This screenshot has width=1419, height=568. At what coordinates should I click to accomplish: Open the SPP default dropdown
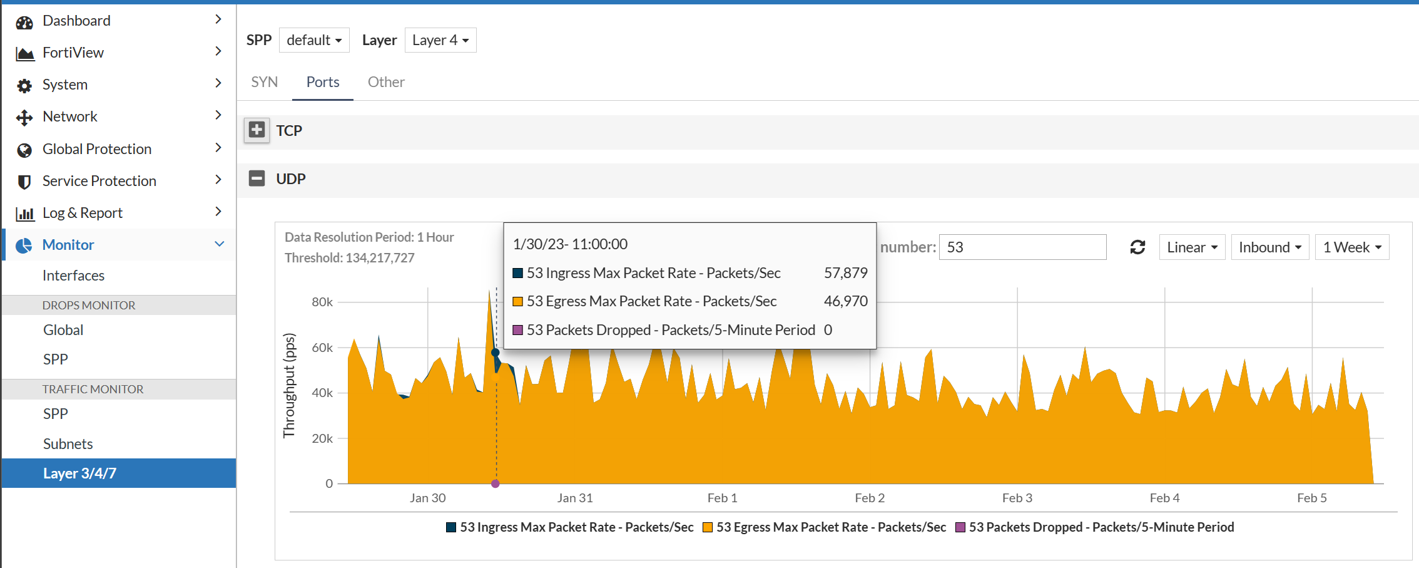pos(314,40)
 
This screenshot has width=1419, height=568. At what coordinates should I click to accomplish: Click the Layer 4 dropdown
pos(440,40)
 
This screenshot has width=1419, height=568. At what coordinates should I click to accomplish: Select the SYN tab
pos(264,82)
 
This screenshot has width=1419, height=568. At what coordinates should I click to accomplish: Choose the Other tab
pos(386,82)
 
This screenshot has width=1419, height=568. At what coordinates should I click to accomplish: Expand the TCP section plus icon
pos(257,130)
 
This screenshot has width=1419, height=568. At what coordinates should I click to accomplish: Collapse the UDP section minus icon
pos(257,178)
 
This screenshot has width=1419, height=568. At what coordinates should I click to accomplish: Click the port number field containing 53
pos(1022,247)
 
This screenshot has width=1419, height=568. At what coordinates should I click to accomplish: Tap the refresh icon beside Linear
pos(1137,247)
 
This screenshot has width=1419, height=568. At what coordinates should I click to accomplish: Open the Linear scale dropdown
pos(1192,247)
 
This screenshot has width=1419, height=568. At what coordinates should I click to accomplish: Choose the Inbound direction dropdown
pos(1269,247)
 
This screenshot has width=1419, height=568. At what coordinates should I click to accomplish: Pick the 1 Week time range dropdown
pos(1351,247)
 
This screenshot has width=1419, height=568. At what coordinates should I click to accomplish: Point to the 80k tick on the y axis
pos(322,302)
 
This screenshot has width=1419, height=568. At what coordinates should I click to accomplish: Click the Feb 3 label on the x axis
pos(1017,498)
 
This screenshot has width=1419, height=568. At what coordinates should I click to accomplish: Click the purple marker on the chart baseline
pos(496,483)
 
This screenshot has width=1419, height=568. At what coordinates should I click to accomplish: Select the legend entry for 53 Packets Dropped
pos(1095,527)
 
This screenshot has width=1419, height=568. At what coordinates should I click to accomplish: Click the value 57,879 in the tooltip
pos(845,273)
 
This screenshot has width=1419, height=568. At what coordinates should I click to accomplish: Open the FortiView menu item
pos(73,53)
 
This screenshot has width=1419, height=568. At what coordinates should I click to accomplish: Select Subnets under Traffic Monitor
pos(68,444)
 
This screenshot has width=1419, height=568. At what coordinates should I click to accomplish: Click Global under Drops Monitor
pos(63,330)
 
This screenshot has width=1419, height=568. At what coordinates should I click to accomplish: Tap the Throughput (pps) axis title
pos(288,385)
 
